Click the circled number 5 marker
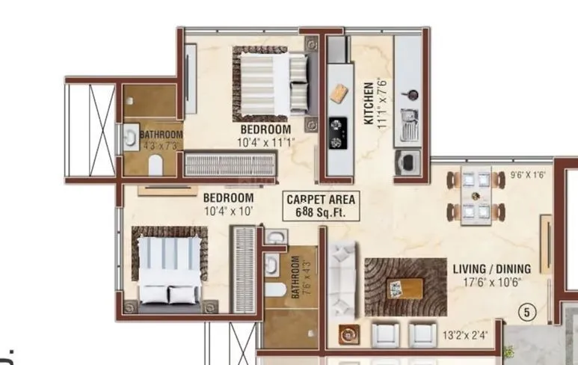(527, 313)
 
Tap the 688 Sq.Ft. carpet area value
(321, 212)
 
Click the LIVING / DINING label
(491, 269)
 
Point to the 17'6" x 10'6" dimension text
(491, 282)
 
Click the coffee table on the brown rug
(404, 287)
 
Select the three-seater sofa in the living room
(344, 277)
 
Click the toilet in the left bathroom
(156, 164)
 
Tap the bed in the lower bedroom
(168, 270)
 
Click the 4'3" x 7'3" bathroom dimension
(161, 147)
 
